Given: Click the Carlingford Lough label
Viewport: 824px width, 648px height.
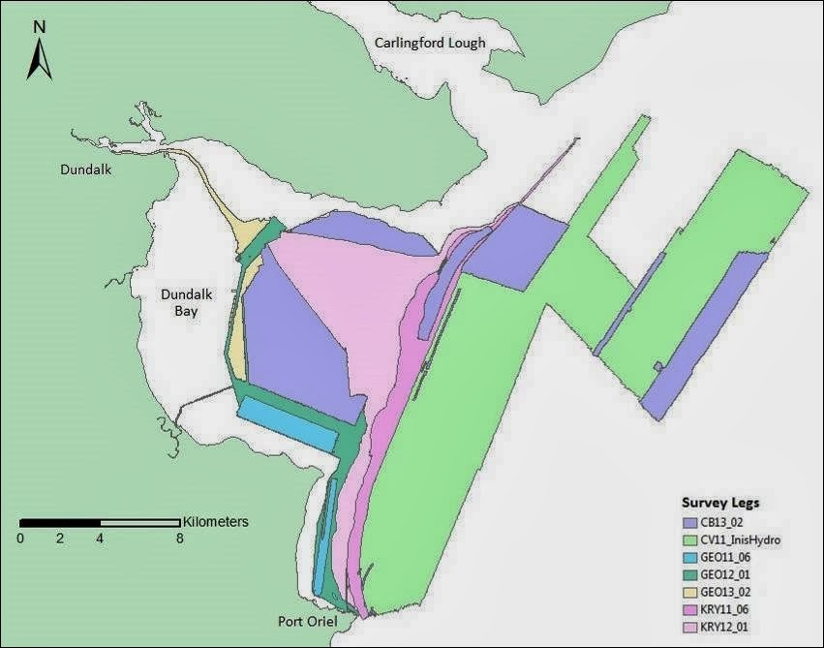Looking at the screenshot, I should point(436,45).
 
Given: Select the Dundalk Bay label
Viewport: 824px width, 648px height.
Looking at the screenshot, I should point(180,300).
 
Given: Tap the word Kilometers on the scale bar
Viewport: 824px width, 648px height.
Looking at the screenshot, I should point(215,521).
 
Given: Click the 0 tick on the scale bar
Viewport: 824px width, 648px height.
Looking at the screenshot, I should point(20,538).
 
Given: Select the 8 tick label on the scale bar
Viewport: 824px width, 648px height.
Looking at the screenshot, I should point(180,538).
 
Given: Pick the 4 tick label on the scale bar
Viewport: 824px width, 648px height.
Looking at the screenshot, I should point(100,538).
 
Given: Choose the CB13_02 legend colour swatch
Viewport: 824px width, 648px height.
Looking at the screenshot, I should point(689,521).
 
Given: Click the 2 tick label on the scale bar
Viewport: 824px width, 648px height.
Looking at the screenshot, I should point(60,538).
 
